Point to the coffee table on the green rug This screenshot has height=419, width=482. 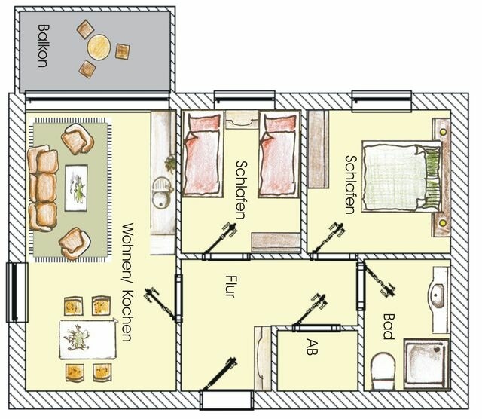(x=76, y=188)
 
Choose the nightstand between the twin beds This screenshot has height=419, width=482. (x=242, y=119)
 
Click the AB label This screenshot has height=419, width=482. (x=312, y=347)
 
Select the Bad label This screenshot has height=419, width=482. (x=389, y=326)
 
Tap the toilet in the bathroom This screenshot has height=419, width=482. (x=384, y=371)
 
